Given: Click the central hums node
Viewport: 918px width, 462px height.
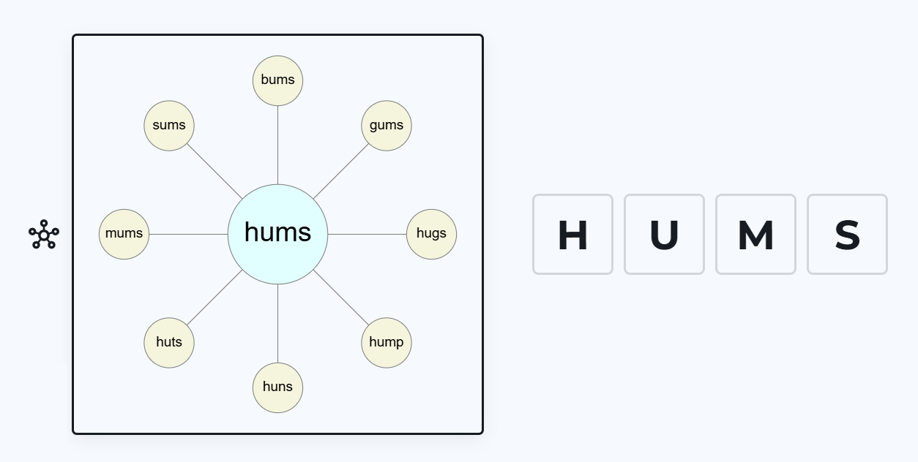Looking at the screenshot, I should pyautogui.click(x=277, y=234).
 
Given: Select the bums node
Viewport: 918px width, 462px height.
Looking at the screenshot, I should pyautogui.click(x=277, y=80).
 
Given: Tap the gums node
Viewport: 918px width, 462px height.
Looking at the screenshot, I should pyautogui.click(x=387, y=126).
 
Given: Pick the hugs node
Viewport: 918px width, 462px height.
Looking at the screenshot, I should pyautogui.click(x=431, y=234).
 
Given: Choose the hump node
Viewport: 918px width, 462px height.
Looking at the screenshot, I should pyautogui.click(x=387, y=342).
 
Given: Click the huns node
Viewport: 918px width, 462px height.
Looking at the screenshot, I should pyautogui.click(x=277, y=387).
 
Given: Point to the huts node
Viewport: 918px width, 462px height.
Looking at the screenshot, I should pyautogui.click(x=169, y=342).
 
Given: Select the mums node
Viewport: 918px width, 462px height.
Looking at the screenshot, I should pyautogui.click(x=124, y=234).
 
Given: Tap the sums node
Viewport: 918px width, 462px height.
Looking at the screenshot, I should pyautogui.click(x=169, y=126).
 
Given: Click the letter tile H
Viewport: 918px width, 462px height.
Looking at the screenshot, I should pyautogui.click(x=572, y=235).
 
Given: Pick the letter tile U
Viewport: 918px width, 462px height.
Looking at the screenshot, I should pyautogui.click(x=664, y=235).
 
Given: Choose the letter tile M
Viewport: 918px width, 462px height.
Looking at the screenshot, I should pyautogui.click(x=755, y=235).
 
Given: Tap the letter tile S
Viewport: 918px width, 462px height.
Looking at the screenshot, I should pyautogui.click(x=847, y=235).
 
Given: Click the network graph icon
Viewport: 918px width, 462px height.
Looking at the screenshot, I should pyautogui.click(x=44, y=234).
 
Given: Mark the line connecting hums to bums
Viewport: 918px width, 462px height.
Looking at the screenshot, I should pyautogui.click(x=277, y=145).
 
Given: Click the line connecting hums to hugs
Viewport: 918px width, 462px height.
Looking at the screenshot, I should pyautogui.click(x=367, y=234).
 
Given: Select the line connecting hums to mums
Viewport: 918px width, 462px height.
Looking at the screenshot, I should pyautogui.click(x=188, y=234).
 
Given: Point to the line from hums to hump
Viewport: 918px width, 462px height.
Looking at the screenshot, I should pyautogui.click(x=340, y=297).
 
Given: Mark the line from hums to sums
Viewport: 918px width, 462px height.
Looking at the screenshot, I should pyautogui.click(x=214, y=171).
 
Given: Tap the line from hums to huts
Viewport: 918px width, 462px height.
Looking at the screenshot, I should pyautogui.click(x=214, y=297).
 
